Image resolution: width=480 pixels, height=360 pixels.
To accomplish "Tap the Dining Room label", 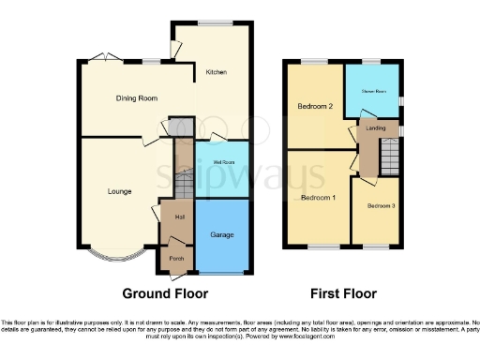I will tap(136, 97).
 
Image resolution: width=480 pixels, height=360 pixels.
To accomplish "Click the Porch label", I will tap(174, 257).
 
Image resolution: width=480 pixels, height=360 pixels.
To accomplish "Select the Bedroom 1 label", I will tap(318, 198).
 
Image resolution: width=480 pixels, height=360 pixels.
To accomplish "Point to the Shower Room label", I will tap(369, 91).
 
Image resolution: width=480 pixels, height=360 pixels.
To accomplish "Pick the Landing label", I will tap(376, 128).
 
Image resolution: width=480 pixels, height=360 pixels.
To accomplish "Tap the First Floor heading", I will tap(348, 293).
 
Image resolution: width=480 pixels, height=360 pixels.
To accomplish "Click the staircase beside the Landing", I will tap(389, 153).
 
